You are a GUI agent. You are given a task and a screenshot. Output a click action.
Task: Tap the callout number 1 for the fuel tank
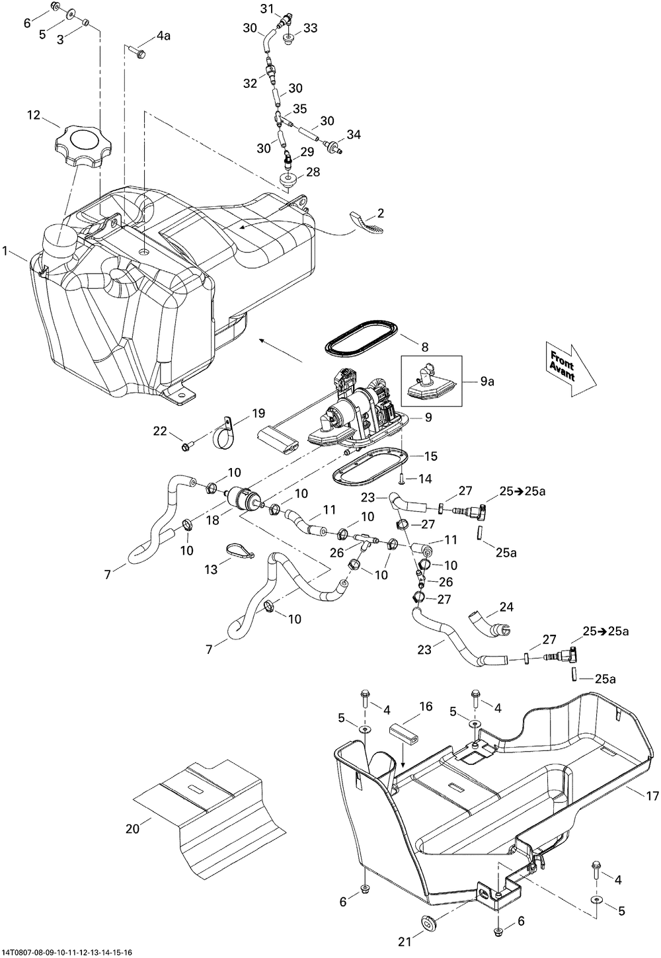5,251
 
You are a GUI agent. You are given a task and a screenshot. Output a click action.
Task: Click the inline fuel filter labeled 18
243,498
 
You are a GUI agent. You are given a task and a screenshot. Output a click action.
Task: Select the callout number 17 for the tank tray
652,795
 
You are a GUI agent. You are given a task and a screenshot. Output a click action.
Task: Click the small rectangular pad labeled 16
403,734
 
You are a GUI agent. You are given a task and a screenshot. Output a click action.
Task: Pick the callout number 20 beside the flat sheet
133,828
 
